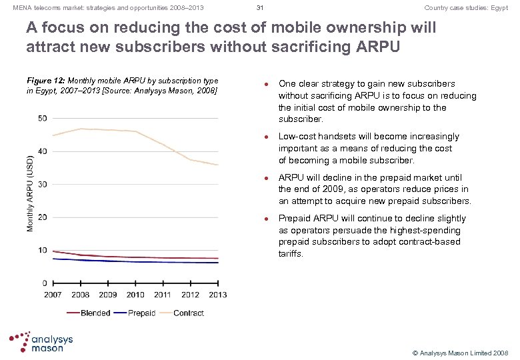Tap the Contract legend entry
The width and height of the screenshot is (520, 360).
[188, 313]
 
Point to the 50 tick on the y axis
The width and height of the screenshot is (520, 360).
[42, 119]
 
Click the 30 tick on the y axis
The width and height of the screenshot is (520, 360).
[42, 185]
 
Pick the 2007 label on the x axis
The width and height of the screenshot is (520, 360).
[53, 295]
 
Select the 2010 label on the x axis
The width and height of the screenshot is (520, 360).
[135, 295]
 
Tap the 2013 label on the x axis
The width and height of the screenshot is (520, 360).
[217, 295]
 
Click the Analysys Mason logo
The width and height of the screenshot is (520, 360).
[41, 342]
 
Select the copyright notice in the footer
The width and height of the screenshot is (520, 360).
[460, 351]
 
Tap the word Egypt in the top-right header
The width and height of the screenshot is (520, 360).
[498, 8]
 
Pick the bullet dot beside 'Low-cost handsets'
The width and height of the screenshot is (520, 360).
[265, 137]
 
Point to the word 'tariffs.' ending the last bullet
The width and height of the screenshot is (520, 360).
[291, 253]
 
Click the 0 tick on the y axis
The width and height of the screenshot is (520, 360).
[44, 283]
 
